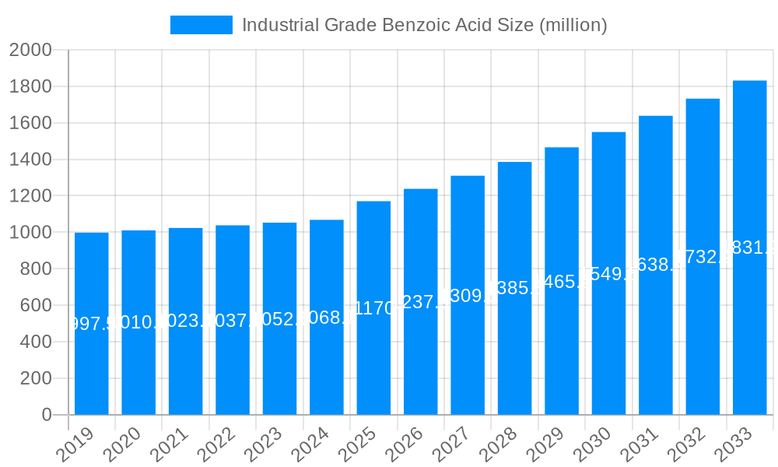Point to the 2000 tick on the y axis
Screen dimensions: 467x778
pyautogui.click(x=30, y=51)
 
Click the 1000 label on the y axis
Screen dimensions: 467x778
pyautogui.click(x=30, y=233)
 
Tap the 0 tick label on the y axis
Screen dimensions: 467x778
pyautogui.click(x=46, y=415)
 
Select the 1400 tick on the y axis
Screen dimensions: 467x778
pyautogui.click(x=30, y=160)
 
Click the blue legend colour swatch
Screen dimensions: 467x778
pyautogui.click(x=201, y=25)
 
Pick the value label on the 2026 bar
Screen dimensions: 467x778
pyautogui.click(x=421, y=302)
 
